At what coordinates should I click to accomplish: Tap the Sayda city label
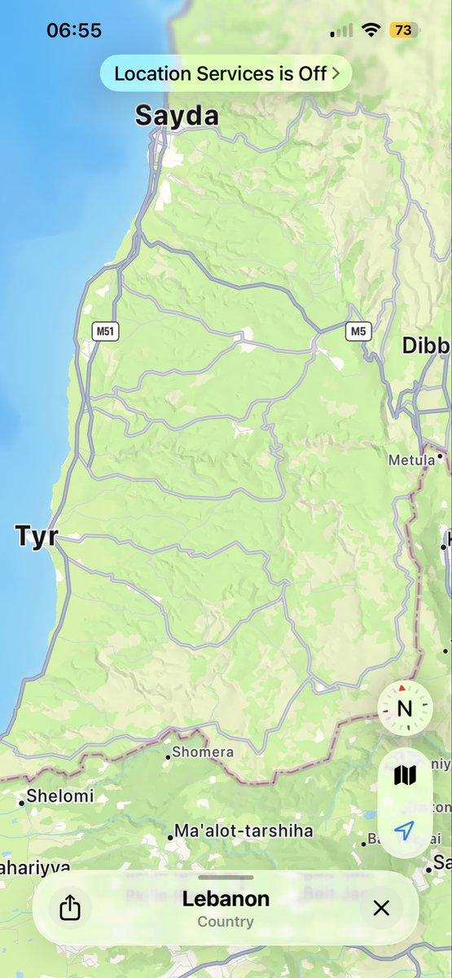pyautogui.click(x=177, y=116)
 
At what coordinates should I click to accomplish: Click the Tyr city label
pyautogui.click(x=36, y=536)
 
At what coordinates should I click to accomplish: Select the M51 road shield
pyautogui.click(x=103, y=331)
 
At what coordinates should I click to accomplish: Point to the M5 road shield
pyautogui.click(x=357, y=331)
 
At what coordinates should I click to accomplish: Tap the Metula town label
pyautogui.click(x=411, y=460)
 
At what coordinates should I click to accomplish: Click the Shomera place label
pyautogui.click(x=202, y=752)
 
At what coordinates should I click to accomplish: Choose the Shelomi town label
pyautogui.click(x=60, y=795)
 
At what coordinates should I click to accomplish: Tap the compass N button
pyautogui.click(x=405, y=707)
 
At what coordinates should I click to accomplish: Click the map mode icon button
pyautogui.click(x=405, y=775)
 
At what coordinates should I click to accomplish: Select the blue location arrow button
pyautogui.click(x=405, y=830)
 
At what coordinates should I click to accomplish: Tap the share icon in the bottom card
pyautogui.click(x=71, y=907)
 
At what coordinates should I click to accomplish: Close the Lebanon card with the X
pyautogui.click(x=381, y=907)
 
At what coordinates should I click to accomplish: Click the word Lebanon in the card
pyautogui.click(x=226, y=899)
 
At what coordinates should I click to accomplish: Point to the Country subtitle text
pyautogui.click(x=226, y=922)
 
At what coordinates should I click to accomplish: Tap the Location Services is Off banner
pyautogui.click(x=226, y=73)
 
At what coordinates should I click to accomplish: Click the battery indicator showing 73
pyautogui.click(x=402, y=30)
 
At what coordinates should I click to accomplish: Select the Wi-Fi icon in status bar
pyautogui.click(x=371, y=30)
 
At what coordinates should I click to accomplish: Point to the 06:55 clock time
pyautogui.click(x=74, y=30)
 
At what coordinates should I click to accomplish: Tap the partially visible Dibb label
pyautogui.click(x=426, y=346)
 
